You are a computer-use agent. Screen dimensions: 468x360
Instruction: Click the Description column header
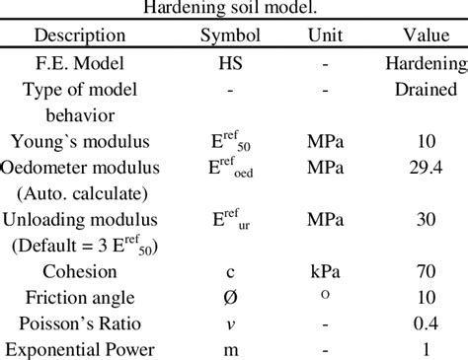pyautogui.click(x=80, y=36)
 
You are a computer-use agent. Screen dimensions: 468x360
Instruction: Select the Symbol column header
pyautogui.click(x=230, y=36)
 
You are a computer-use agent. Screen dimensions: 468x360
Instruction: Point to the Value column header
pyautogui.click(x=427, y=36)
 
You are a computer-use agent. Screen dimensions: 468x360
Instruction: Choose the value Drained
pyautogui.click(x=427, y=89)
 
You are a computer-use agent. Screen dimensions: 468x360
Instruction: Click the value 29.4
pyautogui.click(x=427, y=167)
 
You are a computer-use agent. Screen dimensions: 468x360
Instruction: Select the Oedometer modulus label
pyautogui.click(x=80, y=167)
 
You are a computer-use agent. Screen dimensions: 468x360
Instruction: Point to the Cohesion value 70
pyautogui.click(x=427, y=270)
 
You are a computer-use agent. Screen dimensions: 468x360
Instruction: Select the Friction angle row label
pyautogui.click(x=80, y=296)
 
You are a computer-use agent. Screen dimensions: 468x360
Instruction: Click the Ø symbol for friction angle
pyautogui.click(x=229, y=296)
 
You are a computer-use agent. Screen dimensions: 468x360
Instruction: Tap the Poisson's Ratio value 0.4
pyautogui.click(x=427, y=322)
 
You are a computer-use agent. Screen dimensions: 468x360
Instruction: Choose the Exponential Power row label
pyautogui.click(x=80, y=347)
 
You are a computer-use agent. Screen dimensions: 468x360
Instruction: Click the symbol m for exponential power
pyautogui.click(x=229, y=347)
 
